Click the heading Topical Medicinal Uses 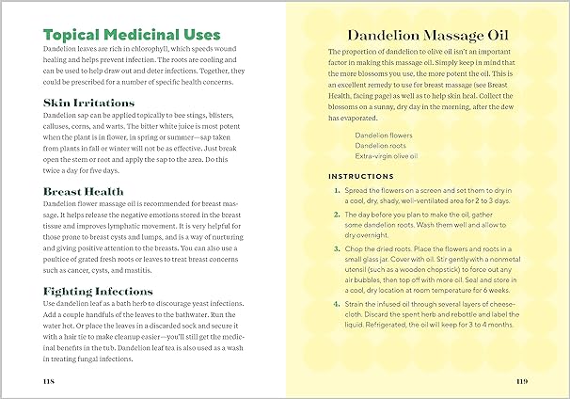point(132,35)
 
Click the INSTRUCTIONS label point(362,176)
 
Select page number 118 point(52,380)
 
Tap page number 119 point(522,380)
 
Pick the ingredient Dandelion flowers point(383,135)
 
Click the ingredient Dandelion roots point(380,146)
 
